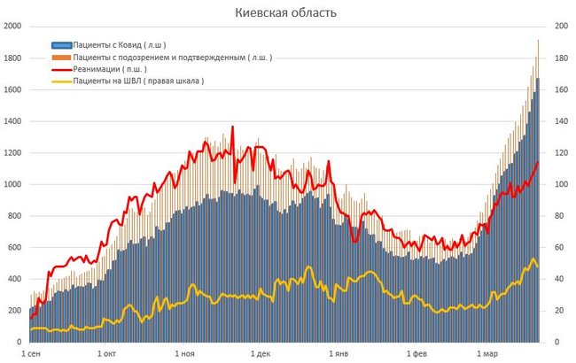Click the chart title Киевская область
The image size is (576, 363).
pyautogui.click(x=285, y=13)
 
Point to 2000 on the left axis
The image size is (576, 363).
pyautogui.click(x=12, y=27)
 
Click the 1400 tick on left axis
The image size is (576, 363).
pyautogui.click(x=12, y=121)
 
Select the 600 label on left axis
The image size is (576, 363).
pyautogui.click(x=13, y=247)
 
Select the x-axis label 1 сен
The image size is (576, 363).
pyautogui.click(x=30, y=354)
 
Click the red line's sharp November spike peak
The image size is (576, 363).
pyautogui.click(x=233, y=127)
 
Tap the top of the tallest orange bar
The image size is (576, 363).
pyautogui.click(x=538, y=40)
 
